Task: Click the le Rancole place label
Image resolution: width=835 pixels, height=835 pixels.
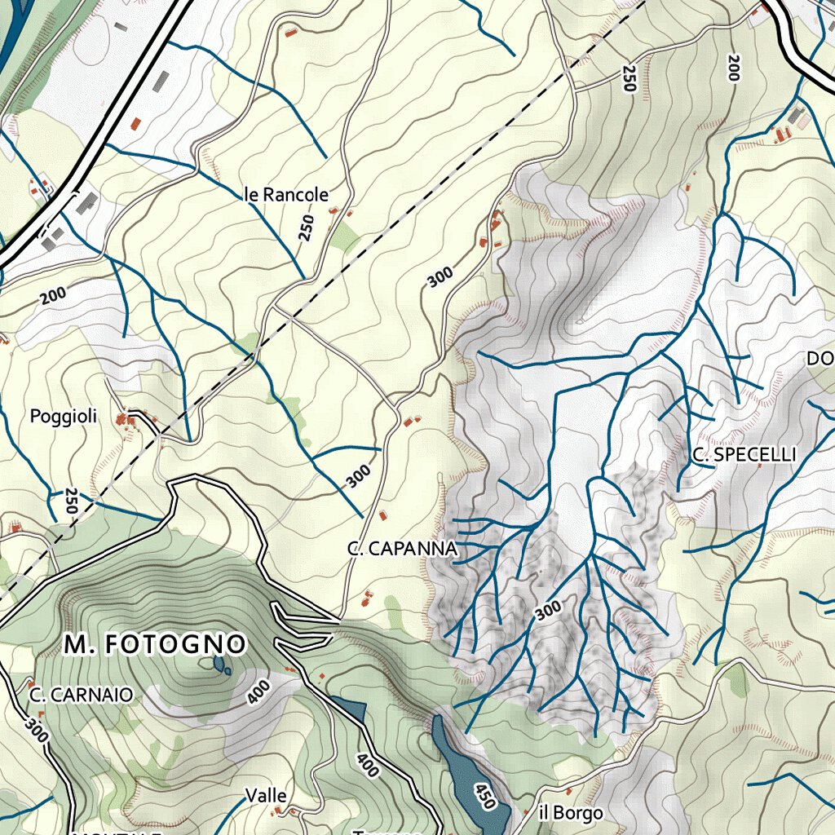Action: [285, 195]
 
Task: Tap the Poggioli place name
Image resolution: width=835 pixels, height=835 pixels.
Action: [64, 417]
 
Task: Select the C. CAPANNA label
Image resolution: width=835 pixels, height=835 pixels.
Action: [401, 550]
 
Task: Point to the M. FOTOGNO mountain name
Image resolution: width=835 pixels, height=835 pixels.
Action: [155, 645]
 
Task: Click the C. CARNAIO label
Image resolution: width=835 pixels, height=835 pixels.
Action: [81, 696]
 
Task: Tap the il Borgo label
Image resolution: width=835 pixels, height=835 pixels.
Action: [571, 813]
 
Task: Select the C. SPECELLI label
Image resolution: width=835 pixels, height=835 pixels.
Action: [744, 455]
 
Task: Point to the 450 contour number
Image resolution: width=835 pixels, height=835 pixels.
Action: [484, 797]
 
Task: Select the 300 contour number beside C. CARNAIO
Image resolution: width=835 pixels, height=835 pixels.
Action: [36, 728]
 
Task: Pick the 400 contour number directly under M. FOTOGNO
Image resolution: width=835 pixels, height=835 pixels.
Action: [258, 692]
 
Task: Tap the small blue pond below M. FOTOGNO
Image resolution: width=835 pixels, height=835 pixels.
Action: [220, 665]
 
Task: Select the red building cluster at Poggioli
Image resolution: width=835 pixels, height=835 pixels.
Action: [124, 419]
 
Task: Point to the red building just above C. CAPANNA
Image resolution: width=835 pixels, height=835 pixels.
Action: [383, 515]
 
